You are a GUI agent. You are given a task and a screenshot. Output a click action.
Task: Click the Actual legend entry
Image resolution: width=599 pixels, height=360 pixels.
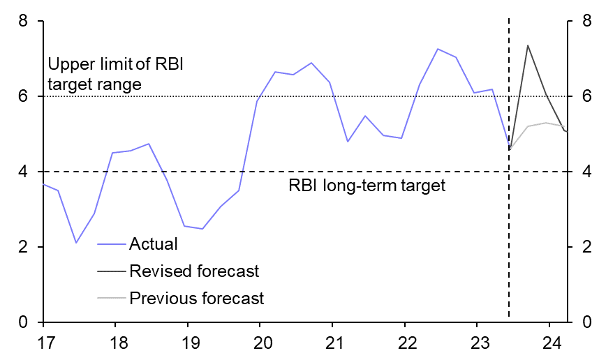pyautogui.click(x=153, y=244)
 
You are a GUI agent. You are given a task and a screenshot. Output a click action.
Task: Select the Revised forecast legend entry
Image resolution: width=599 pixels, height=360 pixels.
pyautogui.click(x=193, y=271)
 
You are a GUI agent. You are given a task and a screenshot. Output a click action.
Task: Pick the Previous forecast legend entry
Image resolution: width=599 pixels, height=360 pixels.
pyautogui.click(x=196, y=299)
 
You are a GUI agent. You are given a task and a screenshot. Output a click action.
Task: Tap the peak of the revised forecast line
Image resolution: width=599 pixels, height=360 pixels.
pyautogui.click(x=527, y=45)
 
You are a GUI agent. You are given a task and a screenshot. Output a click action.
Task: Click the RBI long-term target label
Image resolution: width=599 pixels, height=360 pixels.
pyautogui.click(x=367, y=186)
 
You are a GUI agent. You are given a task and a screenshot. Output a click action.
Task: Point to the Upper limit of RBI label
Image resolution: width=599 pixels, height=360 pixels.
pyautogui.click(x=119, y=66)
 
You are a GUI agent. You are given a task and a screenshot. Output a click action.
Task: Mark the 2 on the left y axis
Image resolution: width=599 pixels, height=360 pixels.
pyautogui.click(x=23, y=247)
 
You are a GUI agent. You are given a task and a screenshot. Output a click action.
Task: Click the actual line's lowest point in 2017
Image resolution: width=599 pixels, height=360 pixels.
pyautogui.click(x=77, y=243)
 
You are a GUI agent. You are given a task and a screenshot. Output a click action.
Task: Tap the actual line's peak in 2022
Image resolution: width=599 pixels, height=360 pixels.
pyautogui.click(x=438, y=49)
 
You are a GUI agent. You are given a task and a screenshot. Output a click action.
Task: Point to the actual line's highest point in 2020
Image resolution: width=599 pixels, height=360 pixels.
pyautogui.click(x=311, y=63)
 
